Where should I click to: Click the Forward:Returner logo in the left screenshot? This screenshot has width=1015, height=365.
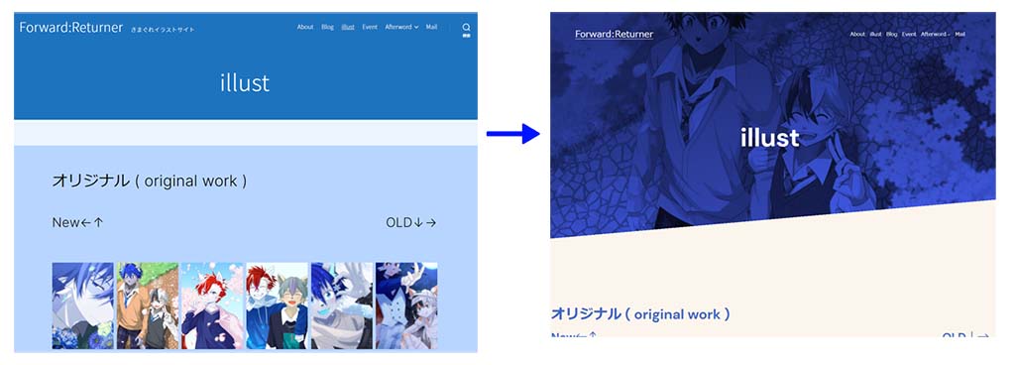pyautogui.click(x=71, y=28)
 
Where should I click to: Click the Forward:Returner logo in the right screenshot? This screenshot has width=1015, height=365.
pyautogui.click(x=614, y=34)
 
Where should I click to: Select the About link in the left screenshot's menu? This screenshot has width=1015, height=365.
pyautogui.click(x=305, y=27)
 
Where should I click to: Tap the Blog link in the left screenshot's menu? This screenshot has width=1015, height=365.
pyautogui.click(x=328, y=27)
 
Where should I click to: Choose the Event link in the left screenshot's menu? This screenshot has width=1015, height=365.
pyautogui.click(x=370, y=27)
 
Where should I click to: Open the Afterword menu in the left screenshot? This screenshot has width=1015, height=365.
pyautogui.click(x=401, y=27)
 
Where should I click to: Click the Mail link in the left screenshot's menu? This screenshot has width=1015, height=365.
pyautogui.click(x=432, y=27)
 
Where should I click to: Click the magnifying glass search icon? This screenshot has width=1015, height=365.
pyautogui.click(x=467, y=28)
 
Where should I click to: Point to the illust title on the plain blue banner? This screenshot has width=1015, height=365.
pyautogui.click(x=245, y=82)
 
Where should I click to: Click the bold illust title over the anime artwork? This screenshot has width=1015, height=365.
pyautogui.click(x=769, y=138)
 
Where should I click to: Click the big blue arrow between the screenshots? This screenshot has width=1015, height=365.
pyautogui.click(x=512, y=134)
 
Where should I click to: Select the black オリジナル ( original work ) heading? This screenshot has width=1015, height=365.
pyautogui.click(x=149, y=181)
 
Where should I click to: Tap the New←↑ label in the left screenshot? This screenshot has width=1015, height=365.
pyautogui.click(x=77, y=222)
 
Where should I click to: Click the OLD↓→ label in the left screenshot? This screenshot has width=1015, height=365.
pyautogui.click(x=410, y=222)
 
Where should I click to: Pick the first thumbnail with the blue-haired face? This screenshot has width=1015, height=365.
pyautogui.click(x=82, y=304)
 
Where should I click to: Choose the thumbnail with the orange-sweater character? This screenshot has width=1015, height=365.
pyautogui.click(x=147, y=304)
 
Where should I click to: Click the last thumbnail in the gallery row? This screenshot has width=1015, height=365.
pyautogui.click(x=406, y=304)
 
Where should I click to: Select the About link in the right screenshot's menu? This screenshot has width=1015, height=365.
pyautogui.click(x=857, y=35)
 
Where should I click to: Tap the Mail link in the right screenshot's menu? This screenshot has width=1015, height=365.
pyautogui.click(x=960, y=35)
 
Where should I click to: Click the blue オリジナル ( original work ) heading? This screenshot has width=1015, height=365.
pyautogui.click(x=640, y=313)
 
